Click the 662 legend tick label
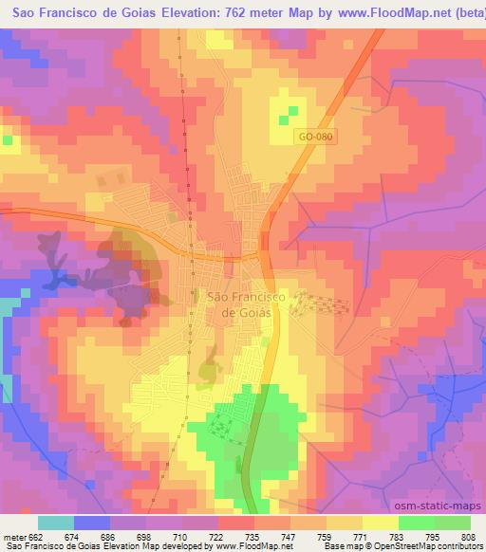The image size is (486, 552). [x=38, y=536]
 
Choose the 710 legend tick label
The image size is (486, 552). [x=182, y=536]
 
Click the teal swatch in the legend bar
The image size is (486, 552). [x=56, y=523]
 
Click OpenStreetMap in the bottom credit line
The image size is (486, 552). [x=391, y=546]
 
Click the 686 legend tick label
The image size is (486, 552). [x=110, y=536]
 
